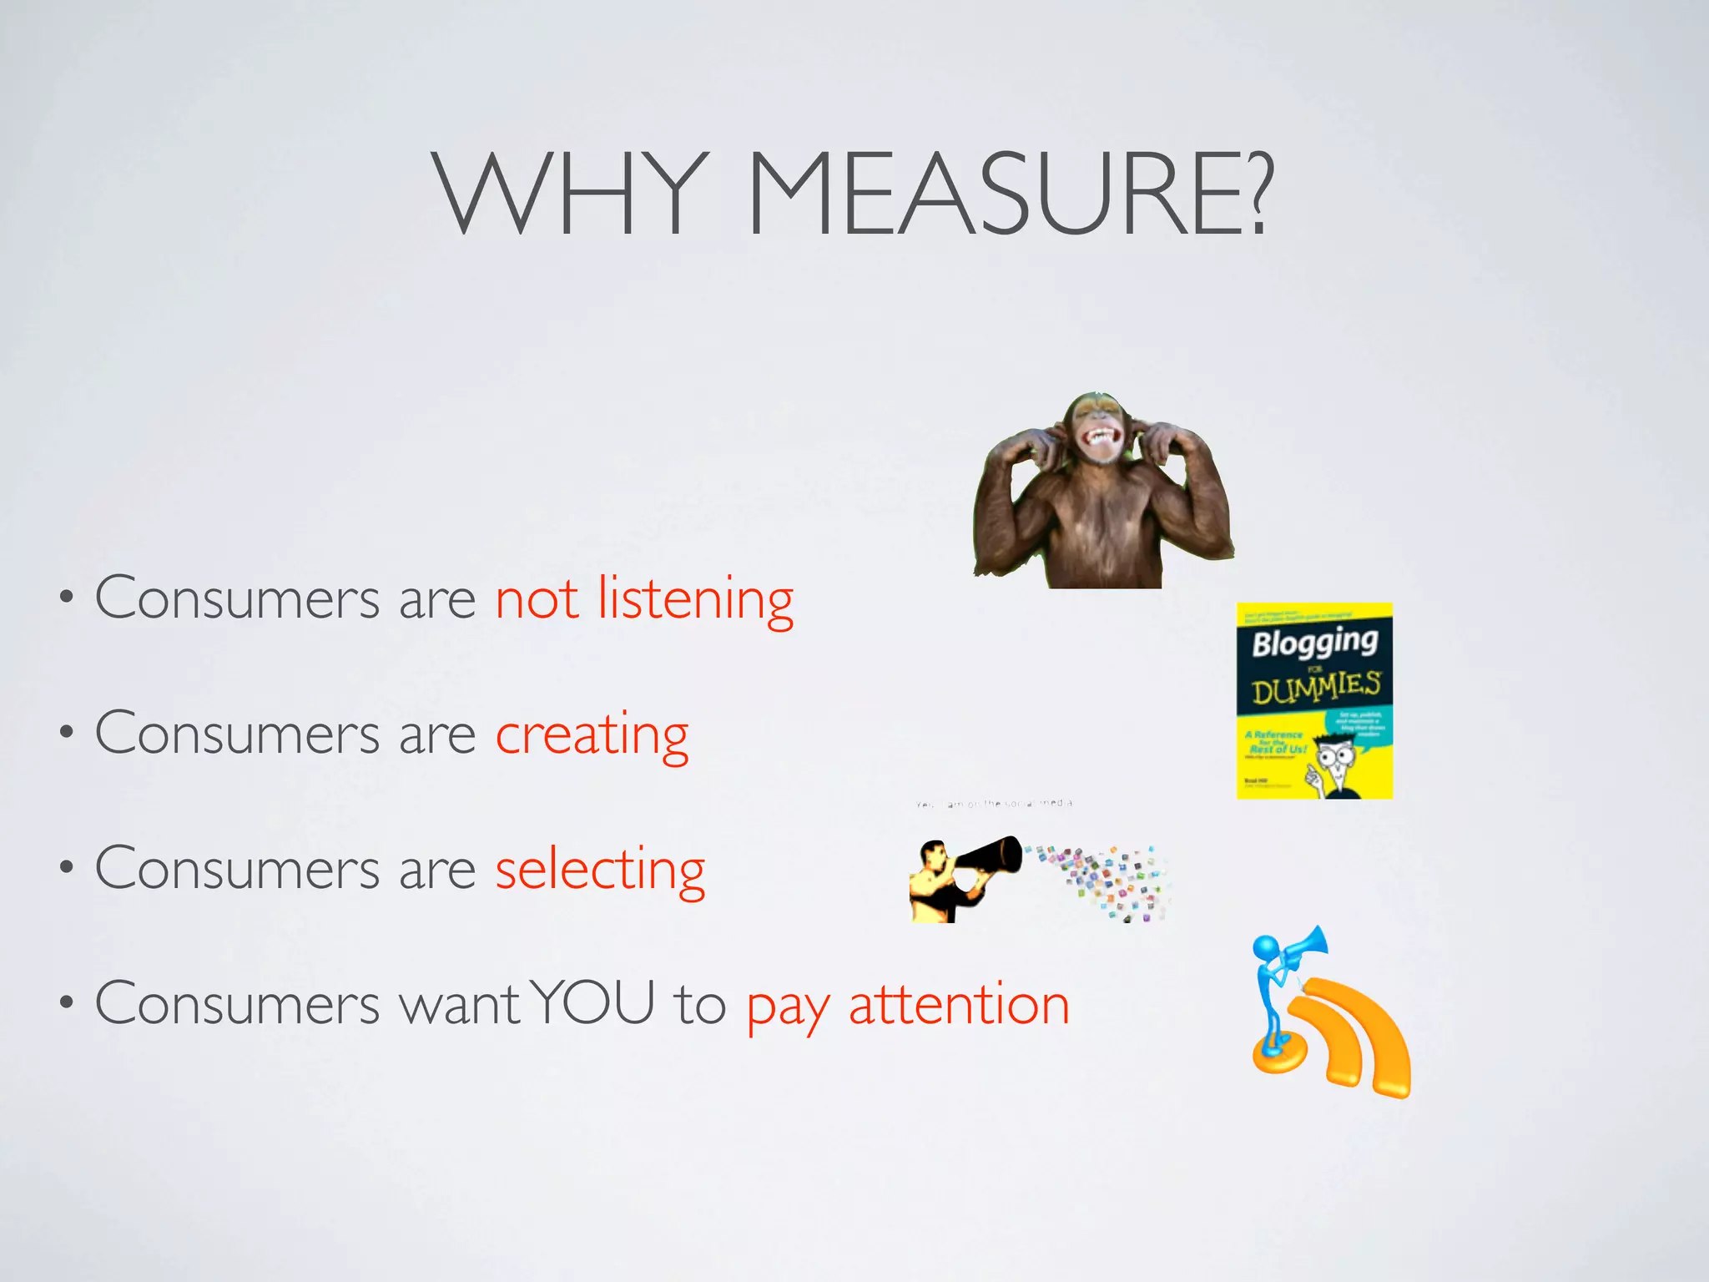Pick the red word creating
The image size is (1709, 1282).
592,735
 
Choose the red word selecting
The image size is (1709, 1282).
600,871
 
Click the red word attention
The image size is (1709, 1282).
959,1006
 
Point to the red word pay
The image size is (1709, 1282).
787,1010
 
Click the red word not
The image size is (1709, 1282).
537,600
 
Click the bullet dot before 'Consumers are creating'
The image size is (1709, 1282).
66,734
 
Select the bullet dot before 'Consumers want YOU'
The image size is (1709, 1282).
66,1004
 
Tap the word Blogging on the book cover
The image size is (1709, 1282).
1314,643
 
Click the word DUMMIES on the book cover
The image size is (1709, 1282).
1315,689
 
